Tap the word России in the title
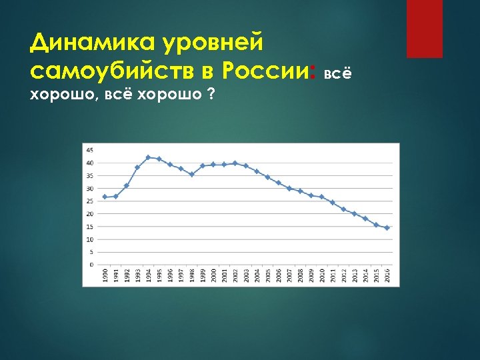click(x=267, y=69)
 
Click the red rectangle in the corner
click(x=424, y=29)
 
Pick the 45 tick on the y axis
click(x=90, y=149)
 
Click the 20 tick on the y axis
click(x=90, y=213)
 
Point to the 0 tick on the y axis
click(x=91, y=264)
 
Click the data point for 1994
click(x=148, y=157)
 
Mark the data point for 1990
click(x=105, y=197)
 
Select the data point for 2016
click(x=387, y=227)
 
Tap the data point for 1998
click(x=191, y=174)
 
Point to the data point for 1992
click(x=126, y=185)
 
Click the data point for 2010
click(x=322, y=197)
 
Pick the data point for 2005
click(x=267, y=177)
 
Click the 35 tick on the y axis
click(x=90, y=175)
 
